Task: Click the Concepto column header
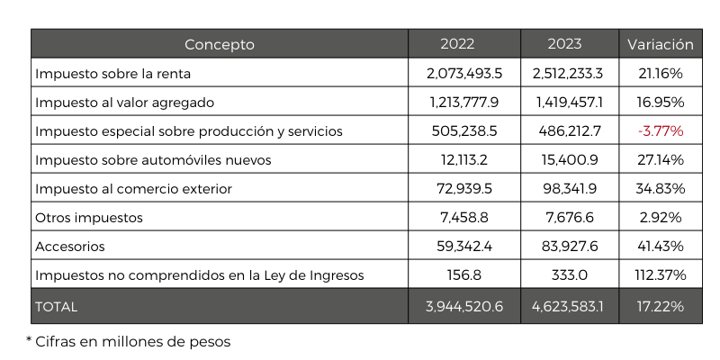[x=220, y=44]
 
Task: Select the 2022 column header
[x=463, y=44]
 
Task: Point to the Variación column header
[x=660, y=44]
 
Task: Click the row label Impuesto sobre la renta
[x=113, y=73]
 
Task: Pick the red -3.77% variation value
[x=660, y=130]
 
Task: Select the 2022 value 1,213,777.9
[x=463, y=102]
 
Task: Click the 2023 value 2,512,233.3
[x=568, y=73]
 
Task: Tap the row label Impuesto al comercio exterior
[x=133, y=188]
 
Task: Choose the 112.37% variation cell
[x=660, y=274]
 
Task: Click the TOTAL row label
[x=57, y=307]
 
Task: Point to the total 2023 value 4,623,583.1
[x=568, y=307]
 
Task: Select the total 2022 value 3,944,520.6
[x=463, y=307]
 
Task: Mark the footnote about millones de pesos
[x=129, y=341]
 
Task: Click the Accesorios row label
[x=70, y=246]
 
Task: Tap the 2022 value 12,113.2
[x=463, y=159]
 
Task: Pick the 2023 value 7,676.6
[x=568, y=217]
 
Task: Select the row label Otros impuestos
[x=89, y=217]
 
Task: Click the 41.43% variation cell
[x=660, y=246]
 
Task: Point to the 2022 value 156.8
[x=463, y=274]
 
